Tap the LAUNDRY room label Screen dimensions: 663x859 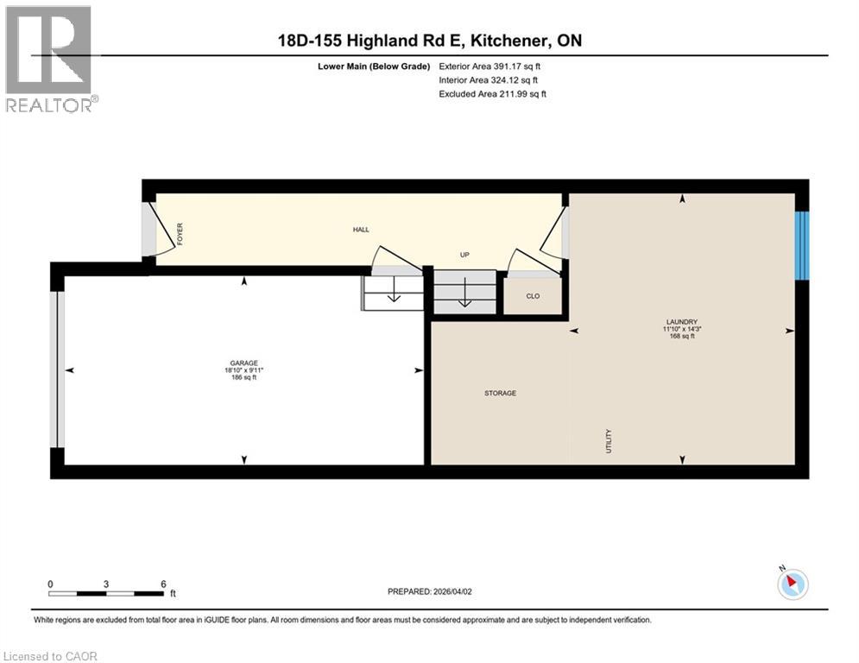tap(682, 322)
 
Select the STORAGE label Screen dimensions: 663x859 tap(500, 394)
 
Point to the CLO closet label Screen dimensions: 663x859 tap(533, 296)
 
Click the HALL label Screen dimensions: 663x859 tap(361, 230)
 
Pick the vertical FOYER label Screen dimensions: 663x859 tap(180, 235)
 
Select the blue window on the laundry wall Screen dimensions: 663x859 tap(802, 245)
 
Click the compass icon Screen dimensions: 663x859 tap(792, 584)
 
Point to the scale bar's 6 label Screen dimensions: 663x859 tap(163, 584)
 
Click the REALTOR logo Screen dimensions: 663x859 tap(49, 59)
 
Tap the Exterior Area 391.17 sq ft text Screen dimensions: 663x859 tap(490, 66)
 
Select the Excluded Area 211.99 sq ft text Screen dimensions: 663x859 tap(492, 94)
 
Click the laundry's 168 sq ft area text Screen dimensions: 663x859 tap(682, 336)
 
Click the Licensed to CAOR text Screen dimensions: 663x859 tap(50, 656)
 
